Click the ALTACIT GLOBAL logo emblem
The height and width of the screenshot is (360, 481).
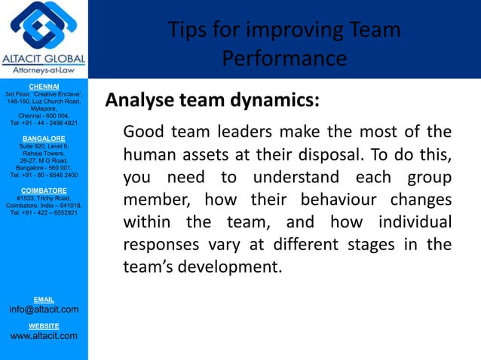pos(43,26)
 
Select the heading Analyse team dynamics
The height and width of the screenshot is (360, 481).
pos(212,100)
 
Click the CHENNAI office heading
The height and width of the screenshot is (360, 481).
pos(44,87)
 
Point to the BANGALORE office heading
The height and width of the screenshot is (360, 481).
pos(44,139)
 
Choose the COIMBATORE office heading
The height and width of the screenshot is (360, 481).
pos(44,191)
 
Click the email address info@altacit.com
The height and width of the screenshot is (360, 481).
pos(44,310)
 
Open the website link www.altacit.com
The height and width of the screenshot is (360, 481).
pos(44,335)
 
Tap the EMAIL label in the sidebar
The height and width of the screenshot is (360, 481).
pos(44,300)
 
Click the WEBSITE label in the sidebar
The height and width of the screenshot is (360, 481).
pos(44,325)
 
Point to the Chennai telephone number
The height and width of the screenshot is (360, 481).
pos(44,123)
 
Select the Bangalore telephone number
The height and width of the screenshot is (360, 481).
pos(44,174)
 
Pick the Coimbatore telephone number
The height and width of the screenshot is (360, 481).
pos(44,212)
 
